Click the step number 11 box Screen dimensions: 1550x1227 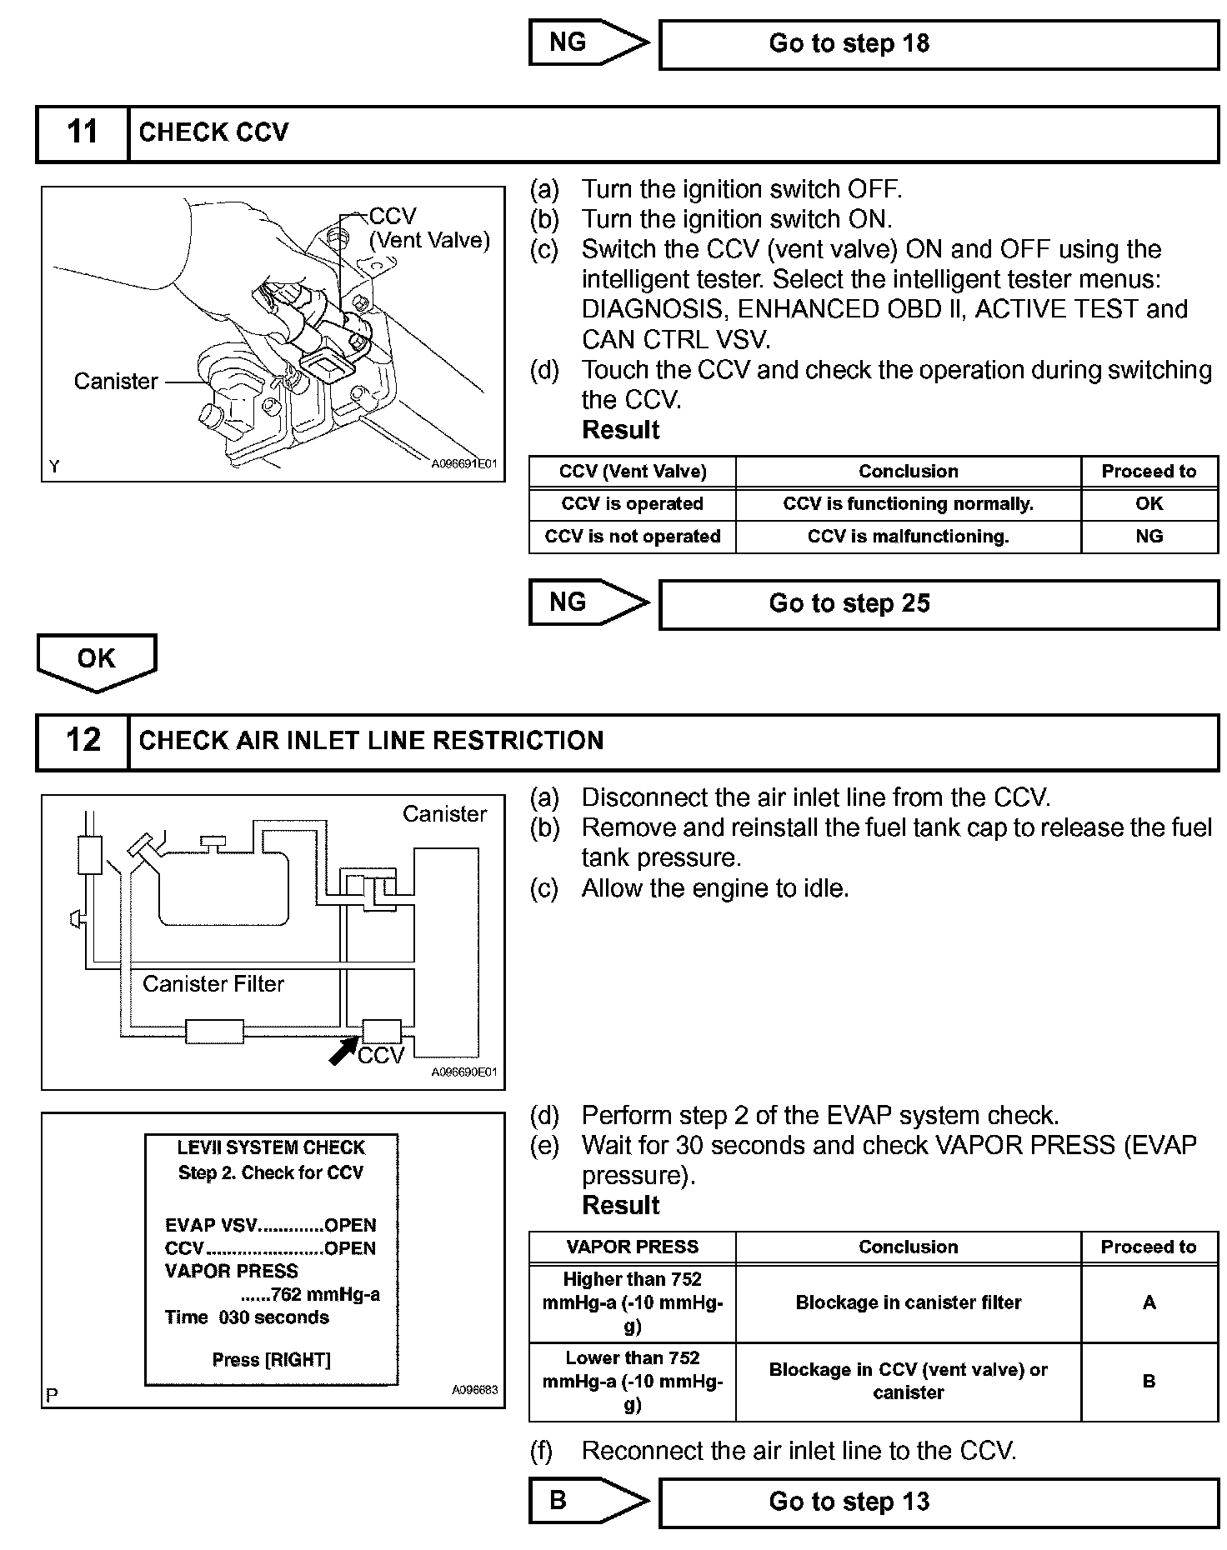(x=83, y=132)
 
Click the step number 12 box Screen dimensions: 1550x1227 (x=83, y=740)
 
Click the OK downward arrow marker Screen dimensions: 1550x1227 (x=97, y=660)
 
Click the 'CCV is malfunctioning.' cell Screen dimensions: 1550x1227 (x=908, y=537)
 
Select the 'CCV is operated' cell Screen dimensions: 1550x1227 (x=632, y=504)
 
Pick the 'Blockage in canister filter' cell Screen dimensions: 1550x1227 (x=908, y=1302)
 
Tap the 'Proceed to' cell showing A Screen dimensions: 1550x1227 (x=1149, y=1302)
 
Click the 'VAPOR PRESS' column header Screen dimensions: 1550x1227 (x=632, y=1247)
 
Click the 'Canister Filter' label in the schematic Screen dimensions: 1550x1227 (x=213, y=984)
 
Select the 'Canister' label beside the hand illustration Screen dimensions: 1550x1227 (x=116, y=382)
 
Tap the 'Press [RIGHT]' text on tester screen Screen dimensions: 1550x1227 (x=271, y=1360)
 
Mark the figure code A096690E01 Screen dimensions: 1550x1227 (x=463, y=1072)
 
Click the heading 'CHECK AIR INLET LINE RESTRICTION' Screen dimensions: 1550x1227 (x=371, y=741)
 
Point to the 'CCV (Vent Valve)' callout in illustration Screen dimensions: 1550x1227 (x=428, y=228)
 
